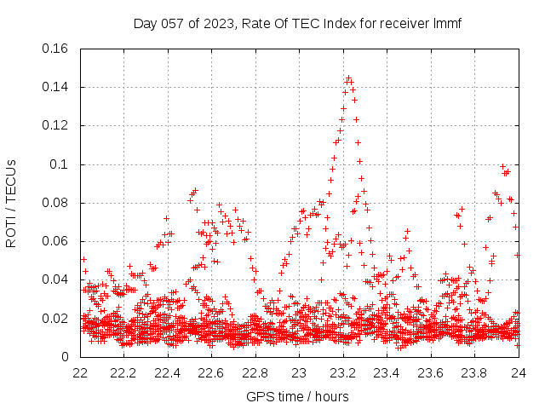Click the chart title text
click(x=297, y=23)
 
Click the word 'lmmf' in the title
click(x=446, y=23)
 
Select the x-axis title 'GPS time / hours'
click(x=297, y=396)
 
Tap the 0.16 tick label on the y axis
click(x=56, y=49)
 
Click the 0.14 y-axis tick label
click(x=56, y=87)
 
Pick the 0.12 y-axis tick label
click(x=56, y=125)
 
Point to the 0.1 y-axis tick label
click(x=60, y=164)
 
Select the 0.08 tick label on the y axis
click(x=56, y=203)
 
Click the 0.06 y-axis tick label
click(x=56, y=241)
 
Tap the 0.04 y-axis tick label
click(x=56, y=279)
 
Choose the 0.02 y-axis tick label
click(x=56, y=319)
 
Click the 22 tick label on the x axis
click(x=81, y=372)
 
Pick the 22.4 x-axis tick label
click(x=168, y=372)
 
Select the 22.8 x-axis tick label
click(x=255, y=372)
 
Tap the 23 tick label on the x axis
click(x=299, y=372)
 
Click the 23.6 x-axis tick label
click(x=430, y=372)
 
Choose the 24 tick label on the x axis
click(x=518, y=372)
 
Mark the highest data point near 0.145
click(x=348, y=78)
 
